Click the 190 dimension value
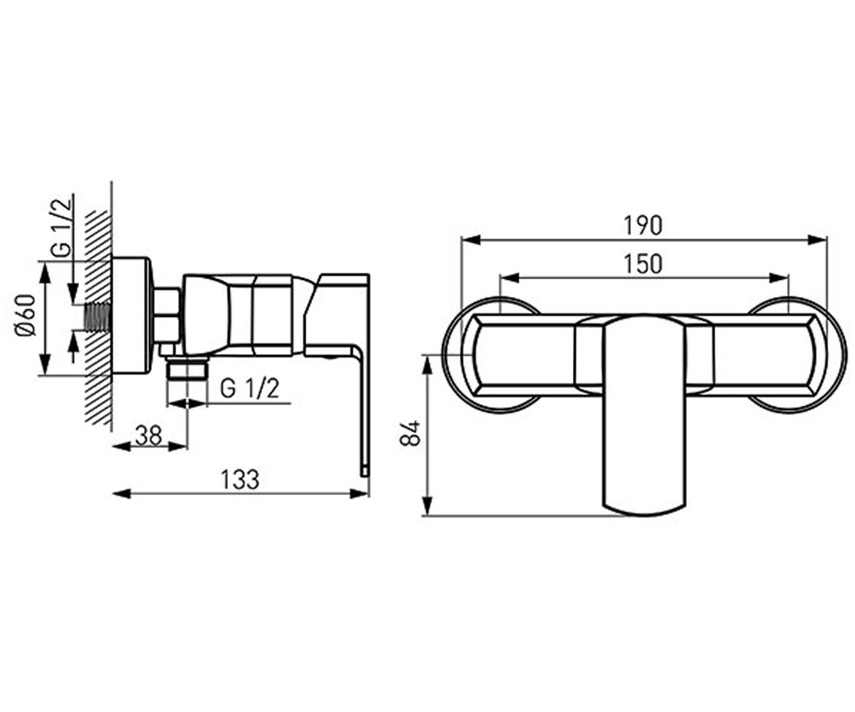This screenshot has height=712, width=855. (643, 226)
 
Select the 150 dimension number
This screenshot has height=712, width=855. (643, 264)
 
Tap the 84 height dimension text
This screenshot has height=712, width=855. (410, 434)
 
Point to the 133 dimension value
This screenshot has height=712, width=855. (240, 480)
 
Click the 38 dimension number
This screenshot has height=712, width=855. (149, 435)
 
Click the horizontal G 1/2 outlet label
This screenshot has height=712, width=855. (249, 388)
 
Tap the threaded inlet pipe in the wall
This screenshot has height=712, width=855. (99, 316)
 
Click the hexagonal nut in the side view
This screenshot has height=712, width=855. (167, 315)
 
